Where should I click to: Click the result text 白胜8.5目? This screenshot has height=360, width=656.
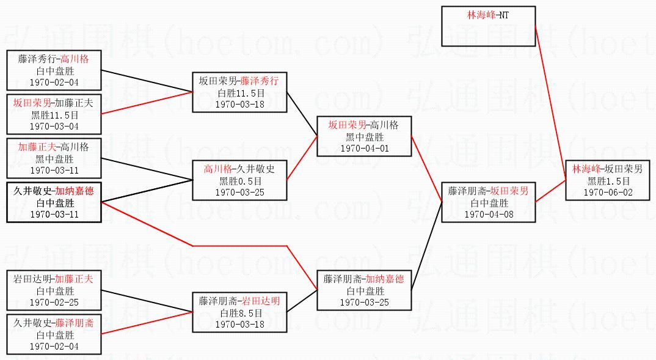pos(239,313)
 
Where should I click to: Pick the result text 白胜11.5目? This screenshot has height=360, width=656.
pos(239,94)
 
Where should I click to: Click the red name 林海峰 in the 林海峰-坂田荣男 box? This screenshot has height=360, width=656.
pos(585,169)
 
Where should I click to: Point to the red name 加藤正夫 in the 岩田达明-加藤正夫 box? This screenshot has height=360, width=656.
pos(74,279)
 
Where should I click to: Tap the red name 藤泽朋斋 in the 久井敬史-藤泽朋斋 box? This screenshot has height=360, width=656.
pos(74,323)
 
